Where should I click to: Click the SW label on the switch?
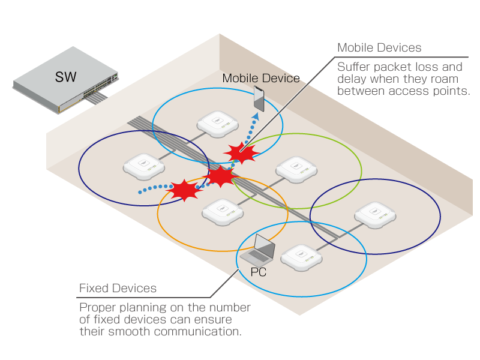(65, 76)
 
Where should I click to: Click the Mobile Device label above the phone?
(261, 78)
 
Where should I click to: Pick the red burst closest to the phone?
(241, 152)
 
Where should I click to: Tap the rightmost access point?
(376, 214)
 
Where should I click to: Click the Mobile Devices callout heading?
(379, 47)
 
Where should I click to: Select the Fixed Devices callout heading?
(118, 289)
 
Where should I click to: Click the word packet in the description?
(388, 67)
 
